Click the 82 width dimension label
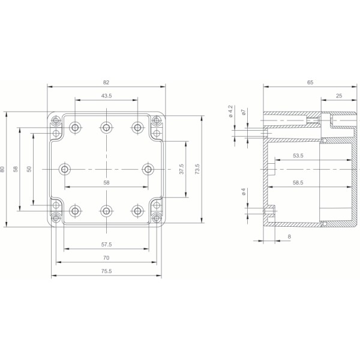coord(106,82)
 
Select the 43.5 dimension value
coord(106,96)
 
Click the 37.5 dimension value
coord(182,169)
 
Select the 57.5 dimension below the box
coord(107,244)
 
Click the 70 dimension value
coord(106,258)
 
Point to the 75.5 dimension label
coord(106,272)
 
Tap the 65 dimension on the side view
coord(310,82)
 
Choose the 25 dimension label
coord(338,96)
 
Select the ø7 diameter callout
coord(244,112)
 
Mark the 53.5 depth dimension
coord(298,155)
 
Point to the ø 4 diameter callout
coord(244,192)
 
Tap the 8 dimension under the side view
coord(289,237)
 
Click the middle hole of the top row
coord(106,127)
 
